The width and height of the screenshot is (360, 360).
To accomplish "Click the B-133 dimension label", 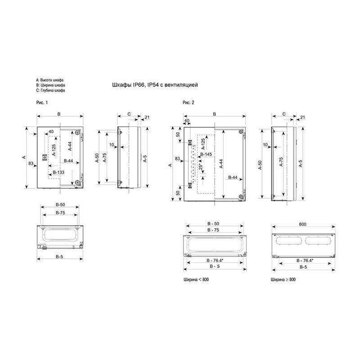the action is (x=58, y=172).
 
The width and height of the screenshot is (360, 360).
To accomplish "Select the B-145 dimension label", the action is (x=206, y=154).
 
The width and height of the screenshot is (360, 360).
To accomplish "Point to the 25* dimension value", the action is (x=201, y=166).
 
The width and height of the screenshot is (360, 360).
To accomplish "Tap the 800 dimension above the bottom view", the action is (x=302, y=224).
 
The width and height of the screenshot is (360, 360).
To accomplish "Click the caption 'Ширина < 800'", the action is (x=196, y=279).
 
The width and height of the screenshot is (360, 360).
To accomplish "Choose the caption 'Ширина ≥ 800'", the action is (x=283, y=279).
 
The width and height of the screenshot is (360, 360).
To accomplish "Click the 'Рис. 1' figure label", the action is (x=42, y=103).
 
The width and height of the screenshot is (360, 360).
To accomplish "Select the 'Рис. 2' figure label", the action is (x=188, y=103).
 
